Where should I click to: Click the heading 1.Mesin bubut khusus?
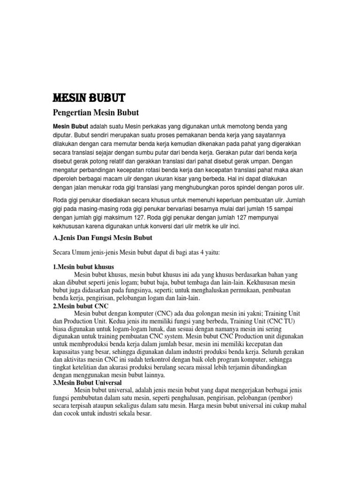tap(83, 267)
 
